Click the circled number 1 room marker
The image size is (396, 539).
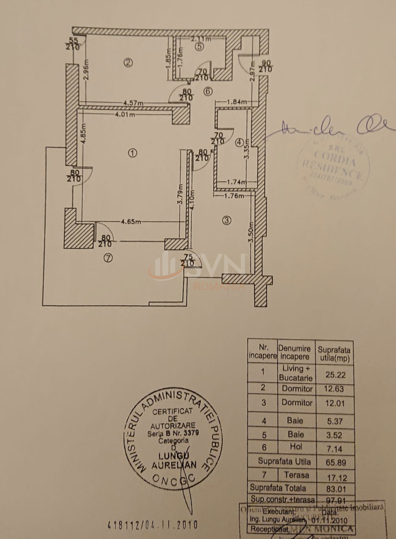(132, 153)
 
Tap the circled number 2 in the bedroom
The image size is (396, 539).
(128, 63)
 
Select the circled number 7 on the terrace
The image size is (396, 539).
(108, 258)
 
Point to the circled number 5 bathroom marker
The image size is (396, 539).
(199, 47)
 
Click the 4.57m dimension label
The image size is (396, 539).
(133, 103)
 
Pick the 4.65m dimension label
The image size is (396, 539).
(131, 222)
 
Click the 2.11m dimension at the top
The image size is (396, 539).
(201, 38)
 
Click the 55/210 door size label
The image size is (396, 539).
(73, 44)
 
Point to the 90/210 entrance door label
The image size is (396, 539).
(265, 66)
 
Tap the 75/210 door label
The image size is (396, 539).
(188, 260)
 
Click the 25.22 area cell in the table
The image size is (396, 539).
(335, 375)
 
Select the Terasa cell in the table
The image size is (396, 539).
(296, 475)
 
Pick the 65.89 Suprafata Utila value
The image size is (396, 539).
(335, 462)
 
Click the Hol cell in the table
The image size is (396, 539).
(296, 447)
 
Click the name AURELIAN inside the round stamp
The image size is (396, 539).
(174, 465)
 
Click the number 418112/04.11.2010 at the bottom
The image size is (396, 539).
(152, 525)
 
